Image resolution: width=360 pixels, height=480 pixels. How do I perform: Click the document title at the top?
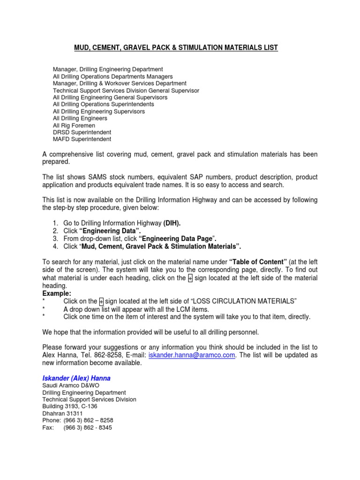tap(176, 48)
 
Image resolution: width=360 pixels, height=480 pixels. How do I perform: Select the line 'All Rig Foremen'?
tap(74, 126)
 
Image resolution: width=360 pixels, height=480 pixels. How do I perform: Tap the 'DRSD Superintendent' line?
tap(82, 133)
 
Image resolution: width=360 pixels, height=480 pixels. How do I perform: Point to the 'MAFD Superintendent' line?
tap(82, 139)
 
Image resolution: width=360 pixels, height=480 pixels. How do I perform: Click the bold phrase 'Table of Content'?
tap(256, 262)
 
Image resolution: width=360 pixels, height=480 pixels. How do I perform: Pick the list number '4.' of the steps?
tap(56, 247)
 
